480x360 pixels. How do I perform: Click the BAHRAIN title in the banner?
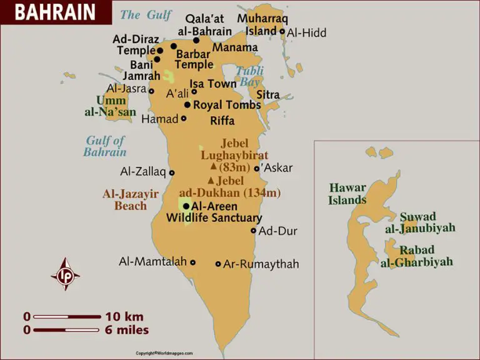55,12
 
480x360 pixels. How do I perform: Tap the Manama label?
235,47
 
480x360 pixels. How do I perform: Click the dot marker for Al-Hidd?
282,31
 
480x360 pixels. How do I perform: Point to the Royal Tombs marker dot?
187,105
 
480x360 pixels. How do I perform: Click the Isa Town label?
213,84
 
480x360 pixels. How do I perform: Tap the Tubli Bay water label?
250,76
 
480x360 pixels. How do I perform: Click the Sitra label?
267,95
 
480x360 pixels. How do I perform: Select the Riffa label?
222,121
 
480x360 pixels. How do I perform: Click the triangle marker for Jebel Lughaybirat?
213,167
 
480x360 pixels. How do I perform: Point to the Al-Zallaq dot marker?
172,173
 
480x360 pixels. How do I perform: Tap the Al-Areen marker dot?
186,206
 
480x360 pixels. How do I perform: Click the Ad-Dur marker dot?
253,231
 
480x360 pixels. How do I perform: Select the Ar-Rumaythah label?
261,264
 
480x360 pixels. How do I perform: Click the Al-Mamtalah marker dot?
193,262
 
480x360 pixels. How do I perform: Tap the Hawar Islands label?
347,194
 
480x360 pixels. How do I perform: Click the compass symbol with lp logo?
65,274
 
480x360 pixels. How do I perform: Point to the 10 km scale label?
124,317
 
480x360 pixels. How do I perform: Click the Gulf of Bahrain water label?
105,146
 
